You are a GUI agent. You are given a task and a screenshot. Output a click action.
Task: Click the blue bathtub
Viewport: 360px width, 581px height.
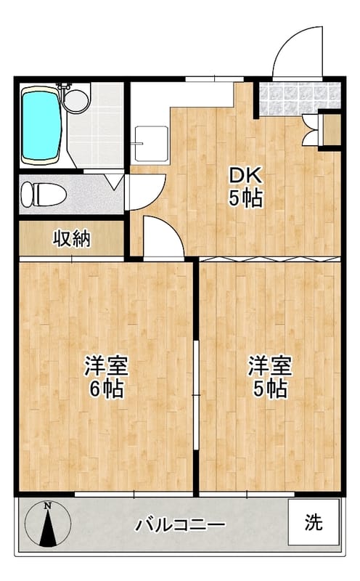click(40, 126)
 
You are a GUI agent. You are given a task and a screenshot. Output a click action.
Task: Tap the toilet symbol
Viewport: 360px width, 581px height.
click(42, 194)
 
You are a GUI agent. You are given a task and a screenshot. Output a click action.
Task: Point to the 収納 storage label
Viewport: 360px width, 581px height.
click(71, 239)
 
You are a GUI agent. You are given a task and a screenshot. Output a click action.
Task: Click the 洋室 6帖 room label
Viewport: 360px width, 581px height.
click(106, 375)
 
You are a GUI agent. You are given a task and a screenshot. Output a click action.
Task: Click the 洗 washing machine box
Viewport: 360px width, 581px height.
click(313, 522)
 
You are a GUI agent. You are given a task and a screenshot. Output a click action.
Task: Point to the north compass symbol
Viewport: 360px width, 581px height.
click(48, 523)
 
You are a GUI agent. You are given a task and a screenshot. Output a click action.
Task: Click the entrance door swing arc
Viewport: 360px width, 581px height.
click(298, 52)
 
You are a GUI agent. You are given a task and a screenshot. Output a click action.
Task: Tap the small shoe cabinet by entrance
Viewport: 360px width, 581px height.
click(330, 131)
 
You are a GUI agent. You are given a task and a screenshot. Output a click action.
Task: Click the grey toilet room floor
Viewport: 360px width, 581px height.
click(87, 195)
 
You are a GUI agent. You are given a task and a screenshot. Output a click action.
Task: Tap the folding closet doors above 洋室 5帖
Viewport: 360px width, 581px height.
click(269, 259)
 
